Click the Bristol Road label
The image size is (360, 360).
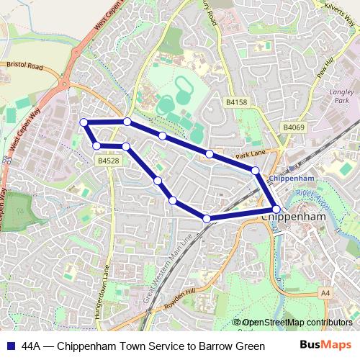click(x=24, y=65)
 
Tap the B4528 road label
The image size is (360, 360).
click(x=108, y=161)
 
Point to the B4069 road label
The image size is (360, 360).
click(x=294, y=127)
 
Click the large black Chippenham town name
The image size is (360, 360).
click(x=296, y=215)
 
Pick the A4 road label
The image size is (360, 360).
click(x=326, y=292)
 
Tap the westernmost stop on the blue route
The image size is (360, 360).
click(x=84, y=122)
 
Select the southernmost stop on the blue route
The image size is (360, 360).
click(x=207, y=218)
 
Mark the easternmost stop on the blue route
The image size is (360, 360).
click(x=276, y=210)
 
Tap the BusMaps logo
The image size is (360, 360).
click(x=325, y=345)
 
